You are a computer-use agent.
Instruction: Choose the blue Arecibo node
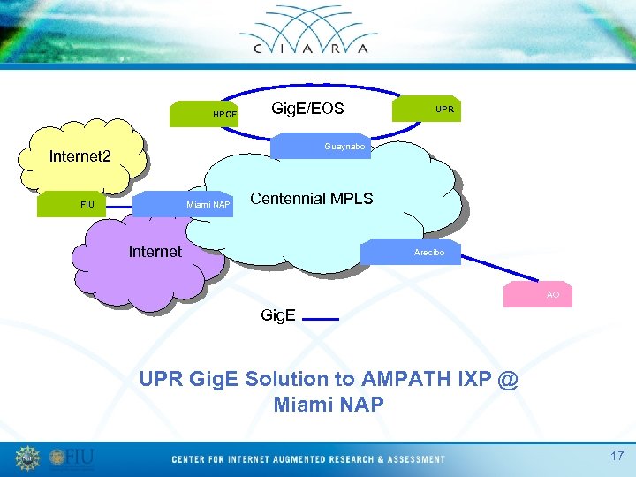pos(411,252)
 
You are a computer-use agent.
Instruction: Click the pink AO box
pos(538,294)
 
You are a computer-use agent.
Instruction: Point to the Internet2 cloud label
pos(79,157)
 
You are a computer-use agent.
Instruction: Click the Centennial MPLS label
pos(311,199)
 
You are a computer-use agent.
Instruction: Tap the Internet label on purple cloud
pos(155,252)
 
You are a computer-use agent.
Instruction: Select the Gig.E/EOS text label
pos(307,109)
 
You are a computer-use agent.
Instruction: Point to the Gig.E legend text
pos(278,315)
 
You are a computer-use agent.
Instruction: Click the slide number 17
pos(617,457)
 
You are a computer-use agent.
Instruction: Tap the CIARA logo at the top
pos(319,31)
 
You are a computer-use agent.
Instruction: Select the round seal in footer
pos(28,458)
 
